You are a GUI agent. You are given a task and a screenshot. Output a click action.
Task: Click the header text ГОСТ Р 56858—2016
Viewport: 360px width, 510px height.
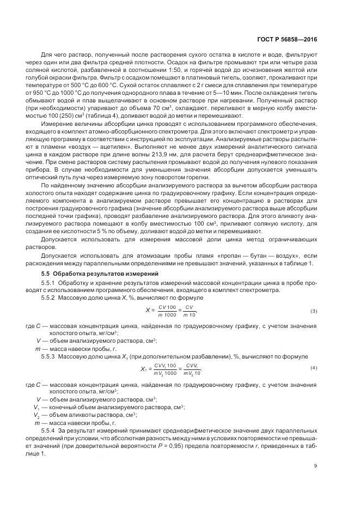288,40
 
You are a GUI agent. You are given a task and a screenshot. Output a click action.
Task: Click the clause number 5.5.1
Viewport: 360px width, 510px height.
49,283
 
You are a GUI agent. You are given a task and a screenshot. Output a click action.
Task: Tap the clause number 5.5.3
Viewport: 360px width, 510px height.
49,356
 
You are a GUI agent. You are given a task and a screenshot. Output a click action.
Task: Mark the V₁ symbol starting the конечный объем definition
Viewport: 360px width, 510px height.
37,407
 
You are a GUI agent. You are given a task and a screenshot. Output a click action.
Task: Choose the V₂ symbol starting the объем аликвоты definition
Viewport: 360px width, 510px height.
37,415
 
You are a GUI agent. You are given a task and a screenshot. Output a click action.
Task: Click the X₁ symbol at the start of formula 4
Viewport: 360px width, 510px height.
144,368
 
